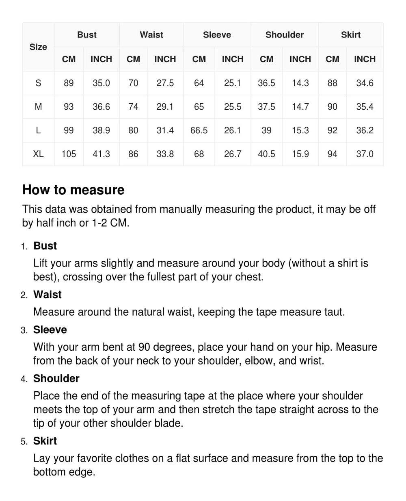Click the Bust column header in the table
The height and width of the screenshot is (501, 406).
click(x=87, y=35)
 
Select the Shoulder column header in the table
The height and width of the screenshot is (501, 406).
click(x=284, y=35)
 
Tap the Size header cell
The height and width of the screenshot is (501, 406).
click(x=38, y=47)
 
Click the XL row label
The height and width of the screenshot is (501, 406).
click(x=38, y=154)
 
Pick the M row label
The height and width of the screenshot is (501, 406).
click(x=38, y=107)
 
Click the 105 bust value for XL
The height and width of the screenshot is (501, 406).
click(x=69, y=154)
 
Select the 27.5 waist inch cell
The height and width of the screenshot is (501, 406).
click(x=165, y=83)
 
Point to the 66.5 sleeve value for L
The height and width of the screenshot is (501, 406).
click(x=199, y=130)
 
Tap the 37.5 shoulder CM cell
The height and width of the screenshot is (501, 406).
click(x=266, y=107)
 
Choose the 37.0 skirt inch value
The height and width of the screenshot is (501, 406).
click(x=365, y=154)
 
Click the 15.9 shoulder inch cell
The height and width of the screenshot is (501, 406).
click(x=300, y=154)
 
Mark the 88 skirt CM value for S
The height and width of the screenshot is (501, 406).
click(x=332, y=83)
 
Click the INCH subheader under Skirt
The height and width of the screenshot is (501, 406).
click(x=365, y=59)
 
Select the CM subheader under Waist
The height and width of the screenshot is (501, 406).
click(x=133, y=59)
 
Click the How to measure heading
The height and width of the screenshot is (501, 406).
click(x=73, y=190)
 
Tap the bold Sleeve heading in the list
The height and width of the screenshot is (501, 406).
click(x=50, y=330)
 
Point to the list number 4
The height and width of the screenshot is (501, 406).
click(x=24, y=379)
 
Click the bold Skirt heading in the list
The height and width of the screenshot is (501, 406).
click(x=45, y=441)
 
